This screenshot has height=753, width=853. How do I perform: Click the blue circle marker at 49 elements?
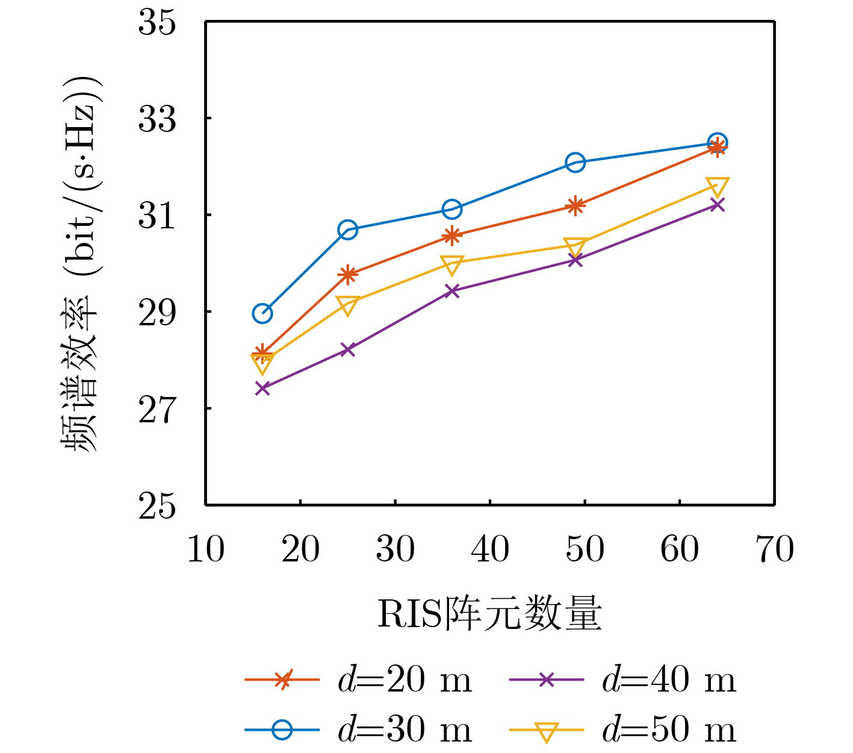pos(575,162)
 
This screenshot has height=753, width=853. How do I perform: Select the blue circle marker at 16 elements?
pos(262,313)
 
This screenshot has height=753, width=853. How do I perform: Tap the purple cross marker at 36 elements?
pos(452,291)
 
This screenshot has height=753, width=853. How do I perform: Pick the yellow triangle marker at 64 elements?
pos(718,186)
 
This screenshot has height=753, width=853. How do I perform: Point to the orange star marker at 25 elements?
pos(348,275)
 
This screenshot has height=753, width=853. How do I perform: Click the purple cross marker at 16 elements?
pos(262,388)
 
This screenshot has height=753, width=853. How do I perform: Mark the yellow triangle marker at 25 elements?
pos(348,305)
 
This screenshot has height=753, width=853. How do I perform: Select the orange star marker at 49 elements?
pos(575,206)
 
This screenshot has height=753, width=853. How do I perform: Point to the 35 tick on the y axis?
pos(158,23)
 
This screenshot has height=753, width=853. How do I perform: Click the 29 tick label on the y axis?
pos(158,313)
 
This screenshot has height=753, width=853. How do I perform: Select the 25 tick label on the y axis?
pos(158,506)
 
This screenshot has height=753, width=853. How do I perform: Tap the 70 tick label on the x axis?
pos(775,549)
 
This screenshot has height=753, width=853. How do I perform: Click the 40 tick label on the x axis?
pos(490,549)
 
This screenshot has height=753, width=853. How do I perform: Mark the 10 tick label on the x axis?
pos(206,549)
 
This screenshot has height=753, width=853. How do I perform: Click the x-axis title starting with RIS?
pos(489,614)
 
